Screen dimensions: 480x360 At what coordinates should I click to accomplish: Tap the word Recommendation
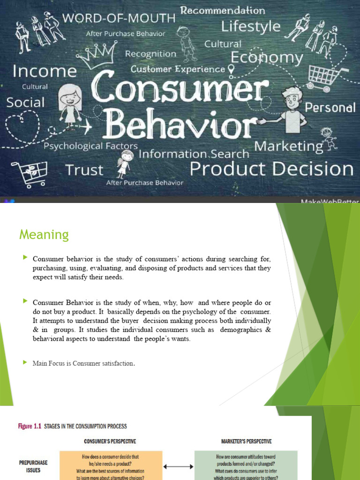223,10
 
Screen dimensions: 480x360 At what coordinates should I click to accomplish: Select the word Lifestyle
250,26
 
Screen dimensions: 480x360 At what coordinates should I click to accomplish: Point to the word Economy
267,58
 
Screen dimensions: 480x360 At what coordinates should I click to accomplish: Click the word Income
45,71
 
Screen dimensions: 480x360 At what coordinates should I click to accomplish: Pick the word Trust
85,170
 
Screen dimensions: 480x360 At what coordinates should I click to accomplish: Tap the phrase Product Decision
271,169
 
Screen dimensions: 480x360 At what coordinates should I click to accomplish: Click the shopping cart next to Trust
30,173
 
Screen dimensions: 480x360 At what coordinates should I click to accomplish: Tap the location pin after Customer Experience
231,69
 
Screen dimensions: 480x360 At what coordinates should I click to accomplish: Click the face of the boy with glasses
292,99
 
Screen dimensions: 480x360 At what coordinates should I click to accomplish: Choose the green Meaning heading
44,234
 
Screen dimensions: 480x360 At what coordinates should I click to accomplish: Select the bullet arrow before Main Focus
25,362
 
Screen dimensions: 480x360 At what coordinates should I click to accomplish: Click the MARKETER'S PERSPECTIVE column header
246,442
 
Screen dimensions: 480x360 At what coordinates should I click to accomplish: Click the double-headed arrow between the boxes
179,467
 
